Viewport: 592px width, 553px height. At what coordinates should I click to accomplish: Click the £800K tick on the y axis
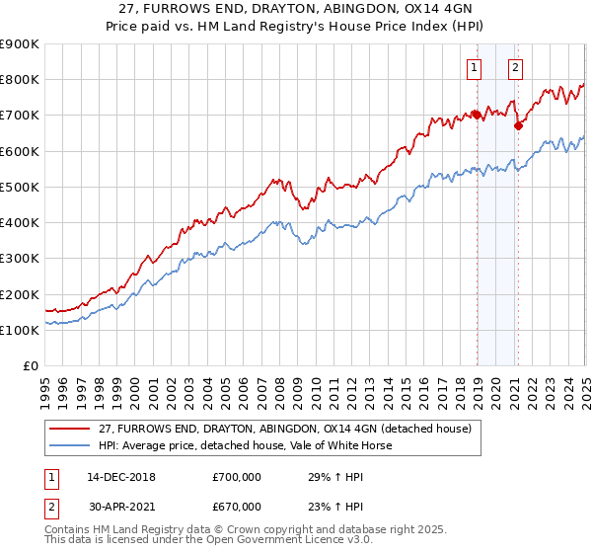click(19, 80)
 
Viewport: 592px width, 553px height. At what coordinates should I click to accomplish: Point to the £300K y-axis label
click(19, 259)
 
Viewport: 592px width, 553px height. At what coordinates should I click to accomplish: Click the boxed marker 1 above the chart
click(475, 68)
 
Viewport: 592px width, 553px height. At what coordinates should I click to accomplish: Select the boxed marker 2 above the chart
click(516, 68)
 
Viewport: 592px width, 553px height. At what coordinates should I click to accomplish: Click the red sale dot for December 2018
click(477, 115)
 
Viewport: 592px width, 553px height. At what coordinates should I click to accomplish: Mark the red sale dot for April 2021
click(519, 125)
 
